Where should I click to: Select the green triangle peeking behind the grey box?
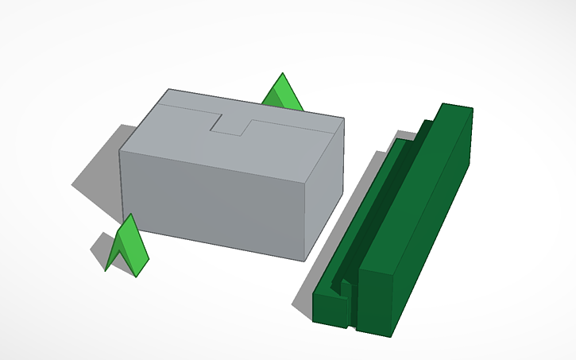[282, 95]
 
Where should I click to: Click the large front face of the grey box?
[215, 198]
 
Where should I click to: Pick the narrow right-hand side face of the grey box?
[326, 187]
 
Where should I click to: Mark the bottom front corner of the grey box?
[303, 261]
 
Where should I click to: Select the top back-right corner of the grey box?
[343, 119]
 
